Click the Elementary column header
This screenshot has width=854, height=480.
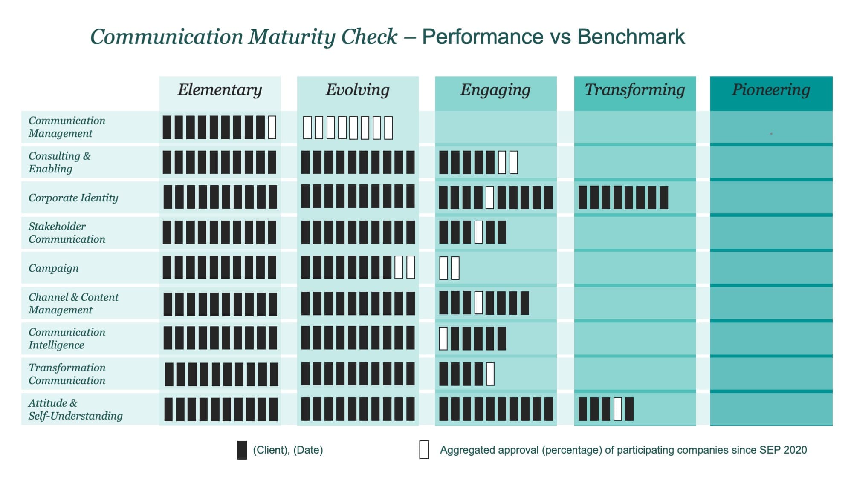[220, 90]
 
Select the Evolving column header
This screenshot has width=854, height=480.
[357, 90]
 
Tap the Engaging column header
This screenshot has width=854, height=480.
[495, 90]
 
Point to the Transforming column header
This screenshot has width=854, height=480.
[634, 90]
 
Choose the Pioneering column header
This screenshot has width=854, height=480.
[771, 90]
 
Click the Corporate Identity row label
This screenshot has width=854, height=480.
[73, 198]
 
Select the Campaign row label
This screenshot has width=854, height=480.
[54, 268]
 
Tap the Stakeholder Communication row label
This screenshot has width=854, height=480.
[67, 233]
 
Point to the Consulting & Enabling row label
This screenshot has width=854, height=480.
[60, 162]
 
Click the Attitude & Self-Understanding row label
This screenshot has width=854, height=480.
[75, 409]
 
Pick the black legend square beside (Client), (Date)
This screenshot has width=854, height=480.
[242, 450]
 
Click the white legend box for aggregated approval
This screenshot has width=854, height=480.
[424, 450]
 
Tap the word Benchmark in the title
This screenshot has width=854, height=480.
[631, 37]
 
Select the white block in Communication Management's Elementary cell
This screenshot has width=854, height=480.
[272, 127]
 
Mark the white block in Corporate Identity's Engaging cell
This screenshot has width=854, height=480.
[490, 198]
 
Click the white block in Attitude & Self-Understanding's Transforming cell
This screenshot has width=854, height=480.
[617, 409]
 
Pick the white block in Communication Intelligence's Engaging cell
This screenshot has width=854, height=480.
[443, 339]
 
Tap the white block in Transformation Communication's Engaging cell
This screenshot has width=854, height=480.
[490, 374]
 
